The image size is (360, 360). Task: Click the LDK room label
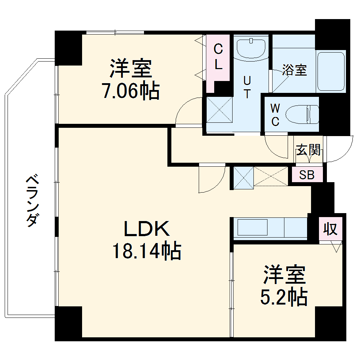click(147, 229)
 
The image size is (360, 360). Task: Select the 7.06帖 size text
click(131, 91)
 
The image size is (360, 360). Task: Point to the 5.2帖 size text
click(284, 297)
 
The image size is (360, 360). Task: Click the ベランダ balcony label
click(32, 201)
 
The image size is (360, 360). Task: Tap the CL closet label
click(218, 57)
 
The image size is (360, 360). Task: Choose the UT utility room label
click(247, 87)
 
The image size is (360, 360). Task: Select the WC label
click(275, 115)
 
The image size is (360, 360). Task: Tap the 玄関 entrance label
click(308, 150)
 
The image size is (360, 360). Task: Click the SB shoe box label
click(307, 175)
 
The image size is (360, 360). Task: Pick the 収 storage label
click(330, 229)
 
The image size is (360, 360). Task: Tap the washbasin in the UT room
click(251, 49)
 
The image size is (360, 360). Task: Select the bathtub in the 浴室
click(331, 71)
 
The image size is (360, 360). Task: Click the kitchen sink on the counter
click(252, 227)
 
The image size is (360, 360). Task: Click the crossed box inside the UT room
click(220, 110)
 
